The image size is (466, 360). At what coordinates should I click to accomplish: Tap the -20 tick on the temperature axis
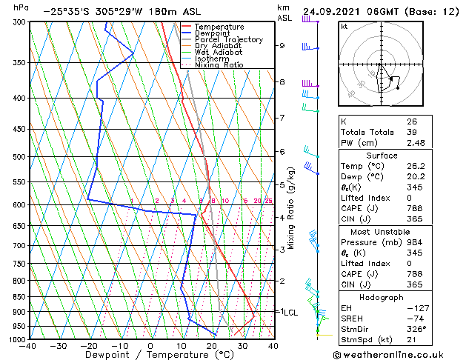(89, 345)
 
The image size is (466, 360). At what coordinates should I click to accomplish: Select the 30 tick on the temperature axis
(242, 345)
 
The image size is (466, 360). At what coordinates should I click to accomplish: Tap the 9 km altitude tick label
(282, 45)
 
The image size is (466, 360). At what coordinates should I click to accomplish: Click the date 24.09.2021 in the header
(333, 11)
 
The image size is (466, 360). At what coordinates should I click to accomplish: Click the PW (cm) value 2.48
(415, 143)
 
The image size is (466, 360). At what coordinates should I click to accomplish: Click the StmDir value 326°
(416, 329)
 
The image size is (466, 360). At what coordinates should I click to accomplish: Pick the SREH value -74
(413, 318)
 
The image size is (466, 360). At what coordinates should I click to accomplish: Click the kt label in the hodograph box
(344, 27)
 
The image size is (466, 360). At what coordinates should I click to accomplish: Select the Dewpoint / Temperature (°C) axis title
(150, 355)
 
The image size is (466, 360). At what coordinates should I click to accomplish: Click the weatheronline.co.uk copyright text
(399, 354)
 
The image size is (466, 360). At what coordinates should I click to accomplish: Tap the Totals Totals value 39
(411, 132)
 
